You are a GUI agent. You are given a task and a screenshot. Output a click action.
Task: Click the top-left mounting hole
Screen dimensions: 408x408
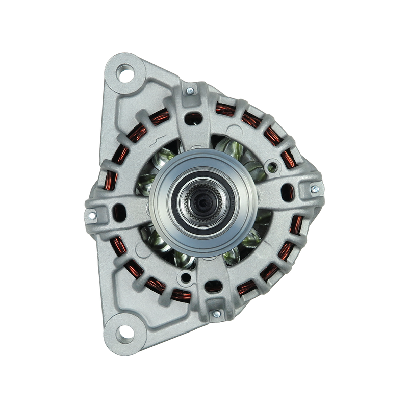pyautogui.click(x=125, y=73)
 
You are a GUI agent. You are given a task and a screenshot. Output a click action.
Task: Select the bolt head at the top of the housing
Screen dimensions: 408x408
pyautogui.click(x=190, y=91)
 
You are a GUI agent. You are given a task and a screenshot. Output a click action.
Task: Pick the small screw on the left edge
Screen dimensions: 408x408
pyautogui.click(x=92, y=215)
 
